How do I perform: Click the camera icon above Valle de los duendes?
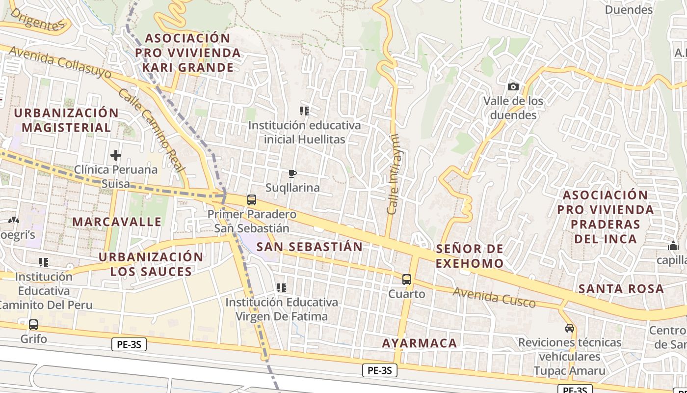[513, 87]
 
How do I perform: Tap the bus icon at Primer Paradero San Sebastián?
[252, 200]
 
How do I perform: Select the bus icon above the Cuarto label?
[406, 280]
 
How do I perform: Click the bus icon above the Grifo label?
[33, 325]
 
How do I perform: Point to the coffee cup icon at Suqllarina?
[292, 173]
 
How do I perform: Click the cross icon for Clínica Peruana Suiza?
[116, 156]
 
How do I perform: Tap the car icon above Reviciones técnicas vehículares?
[569, 328]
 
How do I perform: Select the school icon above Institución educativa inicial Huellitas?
[304, 111]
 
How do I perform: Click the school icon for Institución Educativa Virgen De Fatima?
[281, 288]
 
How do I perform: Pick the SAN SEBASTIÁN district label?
[310, 247]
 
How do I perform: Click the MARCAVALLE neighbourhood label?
[117, 222]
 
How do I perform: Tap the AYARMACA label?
[420, 343]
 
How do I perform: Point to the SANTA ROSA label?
[621, 288]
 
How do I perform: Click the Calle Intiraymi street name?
[393, 174]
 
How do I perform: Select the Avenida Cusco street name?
[494, 297]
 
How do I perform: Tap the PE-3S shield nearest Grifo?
[129, 344]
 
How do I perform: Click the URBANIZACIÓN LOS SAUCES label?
[151, 264]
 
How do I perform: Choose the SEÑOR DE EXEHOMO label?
[470, 256]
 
